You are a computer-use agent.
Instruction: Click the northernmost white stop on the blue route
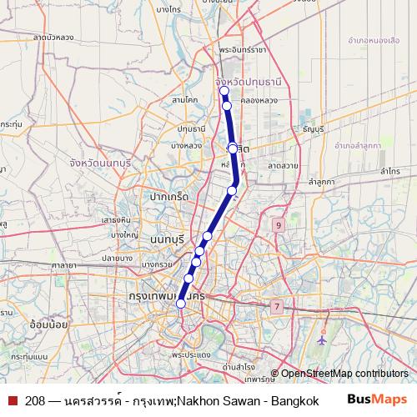point(224,91)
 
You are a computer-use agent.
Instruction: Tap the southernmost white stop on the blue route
point(181,304)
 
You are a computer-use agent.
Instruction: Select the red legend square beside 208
point(12,399)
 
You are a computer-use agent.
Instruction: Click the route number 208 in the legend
point(35,399)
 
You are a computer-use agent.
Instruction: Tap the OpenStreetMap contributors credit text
point(344,374)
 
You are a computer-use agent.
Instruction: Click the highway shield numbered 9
point(278,225)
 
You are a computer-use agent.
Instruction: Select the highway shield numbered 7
point(276,306)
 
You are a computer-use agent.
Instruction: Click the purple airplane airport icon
point(322,340)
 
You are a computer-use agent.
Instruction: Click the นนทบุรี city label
point(172,239)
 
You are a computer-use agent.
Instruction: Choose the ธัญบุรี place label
point(314,129)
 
